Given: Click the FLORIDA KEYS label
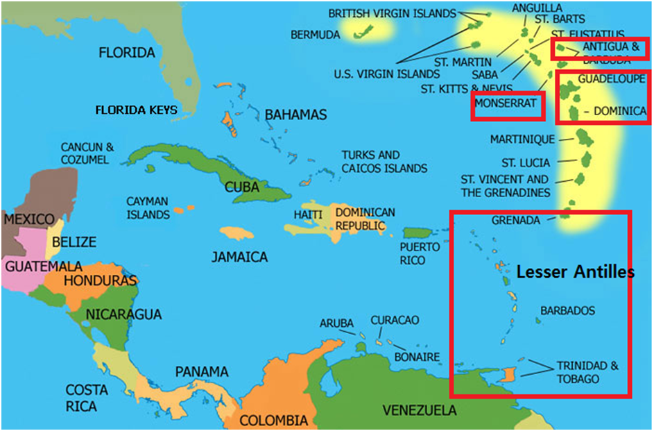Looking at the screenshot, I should point(136,110).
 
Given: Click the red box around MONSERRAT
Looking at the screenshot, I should point(507,105).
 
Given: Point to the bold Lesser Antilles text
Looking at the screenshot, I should point(575,273).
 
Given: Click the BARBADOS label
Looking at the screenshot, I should point(567,311).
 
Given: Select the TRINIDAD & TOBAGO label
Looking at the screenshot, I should point(587,372).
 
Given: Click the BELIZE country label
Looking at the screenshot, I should point(74,242).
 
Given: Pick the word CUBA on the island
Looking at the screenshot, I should point(242,187).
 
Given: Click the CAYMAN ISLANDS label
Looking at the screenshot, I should point(148,208).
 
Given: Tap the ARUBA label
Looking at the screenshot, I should point(336,323).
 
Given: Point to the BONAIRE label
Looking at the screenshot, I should point(416,357).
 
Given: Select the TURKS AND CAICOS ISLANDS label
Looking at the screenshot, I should point(384,162).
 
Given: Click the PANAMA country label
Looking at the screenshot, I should point(201,371).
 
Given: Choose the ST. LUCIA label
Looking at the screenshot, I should point(526,163).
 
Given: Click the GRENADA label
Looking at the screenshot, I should point(515,220).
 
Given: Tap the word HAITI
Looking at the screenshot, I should point(308,215).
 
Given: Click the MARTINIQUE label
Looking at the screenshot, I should point(522,140).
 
